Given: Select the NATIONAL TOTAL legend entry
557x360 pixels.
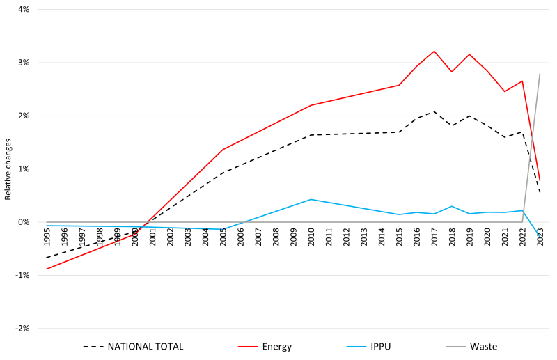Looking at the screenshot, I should (145, 346).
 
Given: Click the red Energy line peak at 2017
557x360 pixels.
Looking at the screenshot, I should (434, 51).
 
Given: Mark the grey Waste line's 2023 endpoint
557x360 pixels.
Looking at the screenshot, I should (540, 73).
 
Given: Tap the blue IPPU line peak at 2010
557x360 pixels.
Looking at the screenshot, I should (311, 199).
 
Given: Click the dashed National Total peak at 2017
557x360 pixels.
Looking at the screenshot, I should (434, 111).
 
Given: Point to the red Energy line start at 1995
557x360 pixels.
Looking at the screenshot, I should (47, 269).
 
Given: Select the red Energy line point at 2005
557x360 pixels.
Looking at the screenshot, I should (223, 149).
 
